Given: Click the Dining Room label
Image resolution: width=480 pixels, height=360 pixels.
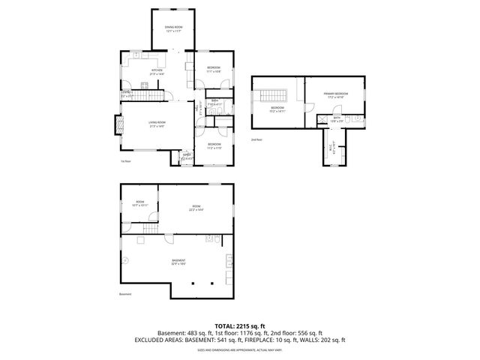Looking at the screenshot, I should [174, 29].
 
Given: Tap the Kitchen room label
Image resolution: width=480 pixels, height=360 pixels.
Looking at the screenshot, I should [156, 73].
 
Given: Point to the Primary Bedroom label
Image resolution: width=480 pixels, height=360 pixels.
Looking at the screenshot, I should [334, 95].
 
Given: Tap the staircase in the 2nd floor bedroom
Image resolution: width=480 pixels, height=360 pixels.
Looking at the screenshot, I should [272, 97].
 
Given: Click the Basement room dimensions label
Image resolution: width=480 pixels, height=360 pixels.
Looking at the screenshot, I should [177, 262].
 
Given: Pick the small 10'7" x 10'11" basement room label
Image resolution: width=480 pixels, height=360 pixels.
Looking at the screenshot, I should [140, 204].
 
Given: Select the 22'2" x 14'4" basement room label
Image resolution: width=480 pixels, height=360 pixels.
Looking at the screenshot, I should [196, 208].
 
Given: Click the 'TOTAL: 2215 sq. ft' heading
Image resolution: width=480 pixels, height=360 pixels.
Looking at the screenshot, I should [240, 325].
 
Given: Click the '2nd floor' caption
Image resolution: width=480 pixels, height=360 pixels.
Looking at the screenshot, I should [256, 139].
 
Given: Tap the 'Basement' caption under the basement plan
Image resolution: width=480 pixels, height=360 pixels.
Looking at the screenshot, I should [125, 294].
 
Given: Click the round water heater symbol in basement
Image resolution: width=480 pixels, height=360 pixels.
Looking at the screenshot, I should [126, 262].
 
